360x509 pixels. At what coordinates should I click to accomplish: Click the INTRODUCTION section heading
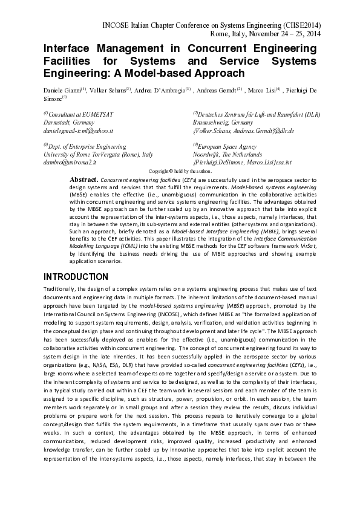(x=76, y=276)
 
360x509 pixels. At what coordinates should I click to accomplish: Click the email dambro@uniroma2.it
(x=70, y=163)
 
